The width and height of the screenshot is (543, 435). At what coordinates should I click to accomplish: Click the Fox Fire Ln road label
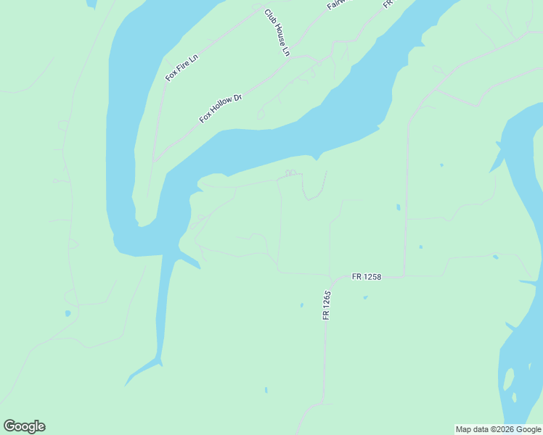[181, 67]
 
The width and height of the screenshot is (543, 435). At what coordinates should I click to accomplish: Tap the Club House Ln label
[277, 33]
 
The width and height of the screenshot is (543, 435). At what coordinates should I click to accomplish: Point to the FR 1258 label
[367, 276]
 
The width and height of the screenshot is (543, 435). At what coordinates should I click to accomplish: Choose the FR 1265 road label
[327, 305]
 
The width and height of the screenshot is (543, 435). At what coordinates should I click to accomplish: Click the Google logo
[24, 426]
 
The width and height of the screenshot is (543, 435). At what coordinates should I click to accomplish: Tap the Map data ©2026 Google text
[498, 429]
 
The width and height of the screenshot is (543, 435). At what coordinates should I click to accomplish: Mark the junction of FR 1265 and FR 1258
[330, 278]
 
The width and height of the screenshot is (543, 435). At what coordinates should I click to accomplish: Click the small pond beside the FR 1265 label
[302, 305]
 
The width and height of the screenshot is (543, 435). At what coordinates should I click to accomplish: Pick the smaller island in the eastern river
[514, 397]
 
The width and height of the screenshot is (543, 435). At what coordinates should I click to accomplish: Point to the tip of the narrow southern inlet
[127, 384]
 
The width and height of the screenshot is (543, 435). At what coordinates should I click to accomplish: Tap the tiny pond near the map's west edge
[68, 313]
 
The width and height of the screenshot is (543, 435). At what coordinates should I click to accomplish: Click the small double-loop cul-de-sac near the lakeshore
[290, 173]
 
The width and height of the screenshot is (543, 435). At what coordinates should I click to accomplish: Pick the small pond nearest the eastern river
[495, 257]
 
